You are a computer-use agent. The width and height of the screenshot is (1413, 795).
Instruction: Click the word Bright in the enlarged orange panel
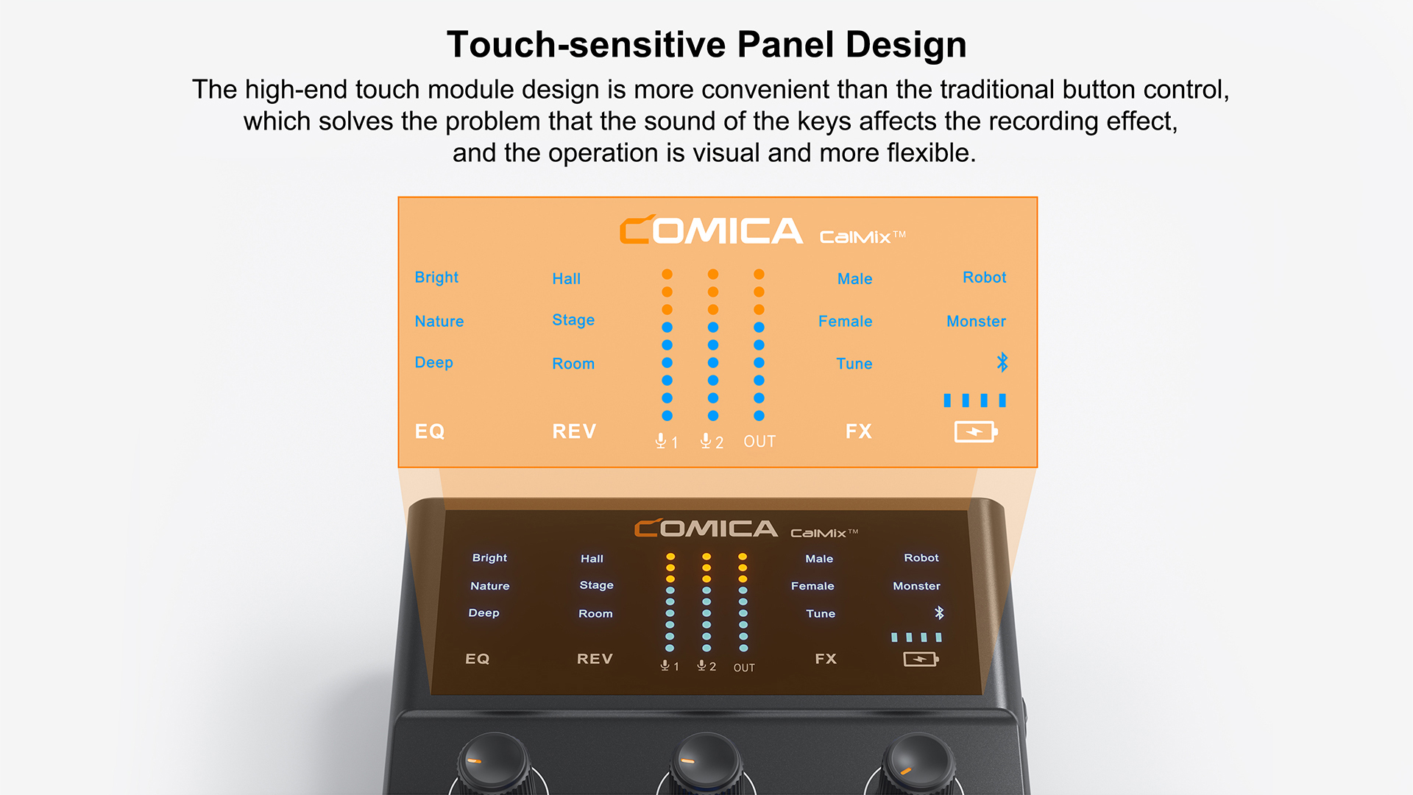click(x=436, y=278)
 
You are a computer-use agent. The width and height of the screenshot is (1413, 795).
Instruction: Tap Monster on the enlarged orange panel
click(x=976, y=321)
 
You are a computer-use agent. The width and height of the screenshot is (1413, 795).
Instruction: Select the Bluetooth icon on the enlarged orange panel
click(x=1002, y=362)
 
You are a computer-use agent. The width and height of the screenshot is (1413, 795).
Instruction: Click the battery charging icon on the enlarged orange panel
click(x=976, y=431)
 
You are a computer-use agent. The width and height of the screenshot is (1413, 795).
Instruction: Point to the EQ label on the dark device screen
click(x=477, y=659)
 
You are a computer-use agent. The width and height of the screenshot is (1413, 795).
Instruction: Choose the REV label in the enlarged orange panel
click(x=574, y=431)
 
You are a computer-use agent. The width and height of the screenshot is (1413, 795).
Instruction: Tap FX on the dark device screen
click(x=826, y=659)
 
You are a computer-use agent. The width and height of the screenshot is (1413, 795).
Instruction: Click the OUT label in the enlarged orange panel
click(x=759, y=442)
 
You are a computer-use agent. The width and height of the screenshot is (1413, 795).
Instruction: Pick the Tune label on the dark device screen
click(x=821, y=614)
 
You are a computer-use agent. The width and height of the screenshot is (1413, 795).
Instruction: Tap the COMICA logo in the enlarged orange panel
click(x=711, y=230)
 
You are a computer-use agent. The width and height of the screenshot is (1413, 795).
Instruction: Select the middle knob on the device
click(x=705, y=764)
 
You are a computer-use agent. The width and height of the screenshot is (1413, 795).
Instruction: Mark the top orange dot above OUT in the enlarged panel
click(x=759, y=274)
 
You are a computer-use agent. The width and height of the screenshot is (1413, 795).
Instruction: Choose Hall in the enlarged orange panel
click(x=566, y=279)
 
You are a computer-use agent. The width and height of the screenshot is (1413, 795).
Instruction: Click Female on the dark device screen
click(x=812, y=586)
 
